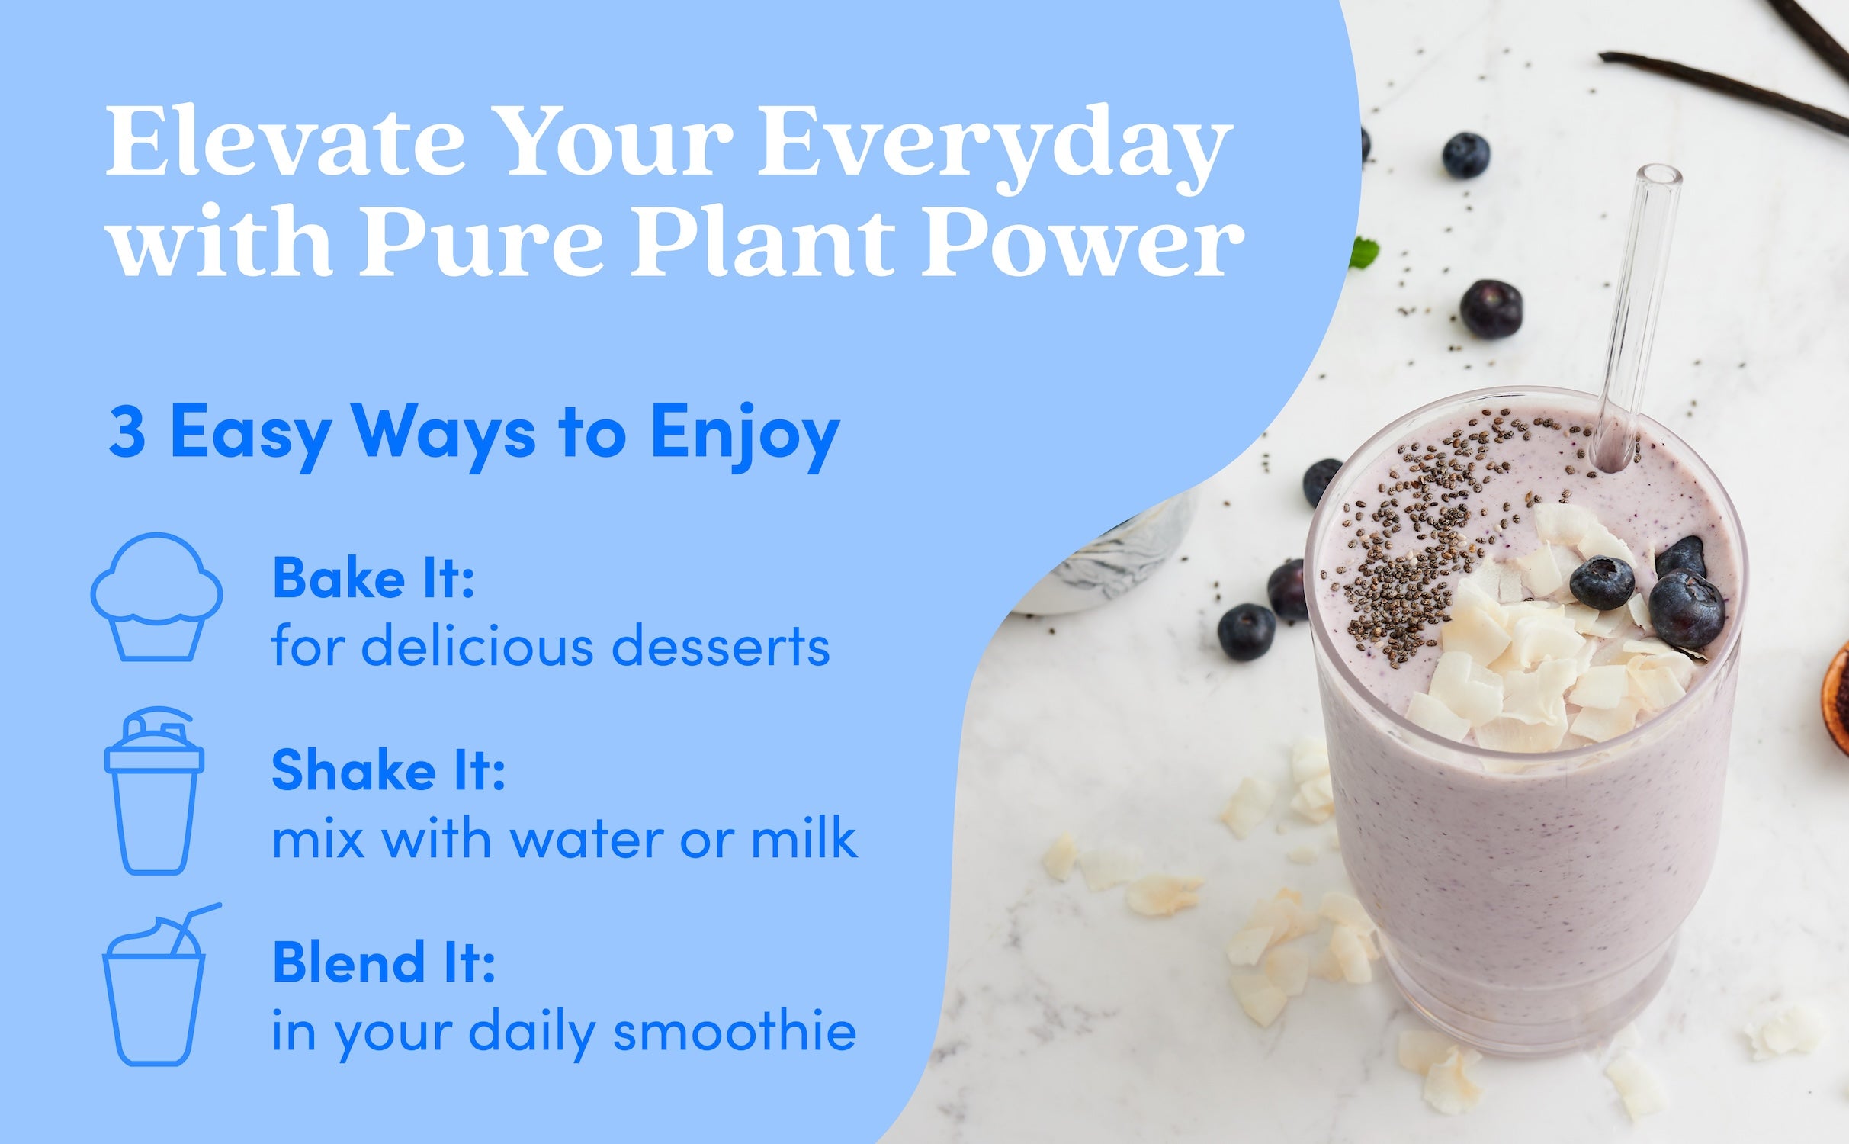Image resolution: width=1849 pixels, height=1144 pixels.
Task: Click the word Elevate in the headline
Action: (285, 143)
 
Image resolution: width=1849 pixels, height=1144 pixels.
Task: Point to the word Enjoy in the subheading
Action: (744, 437)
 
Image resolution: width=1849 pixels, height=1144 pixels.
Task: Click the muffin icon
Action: (157, 596)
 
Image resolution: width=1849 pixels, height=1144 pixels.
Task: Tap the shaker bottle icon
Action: (154, 790)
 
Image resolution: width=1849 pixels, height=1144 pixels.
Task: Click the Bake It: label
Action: (374, 578)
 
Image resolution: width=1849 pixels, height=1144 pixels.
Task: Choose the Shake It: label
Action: (388, 770)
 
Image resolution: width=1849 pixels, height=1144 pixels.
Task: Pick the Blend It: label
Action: (384, 962)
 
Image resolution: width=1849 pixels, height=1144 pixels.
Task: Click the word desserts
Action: (721, 647)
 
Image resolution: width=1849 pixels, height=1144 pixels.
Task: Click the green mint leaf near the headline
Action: (1364, 254)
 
